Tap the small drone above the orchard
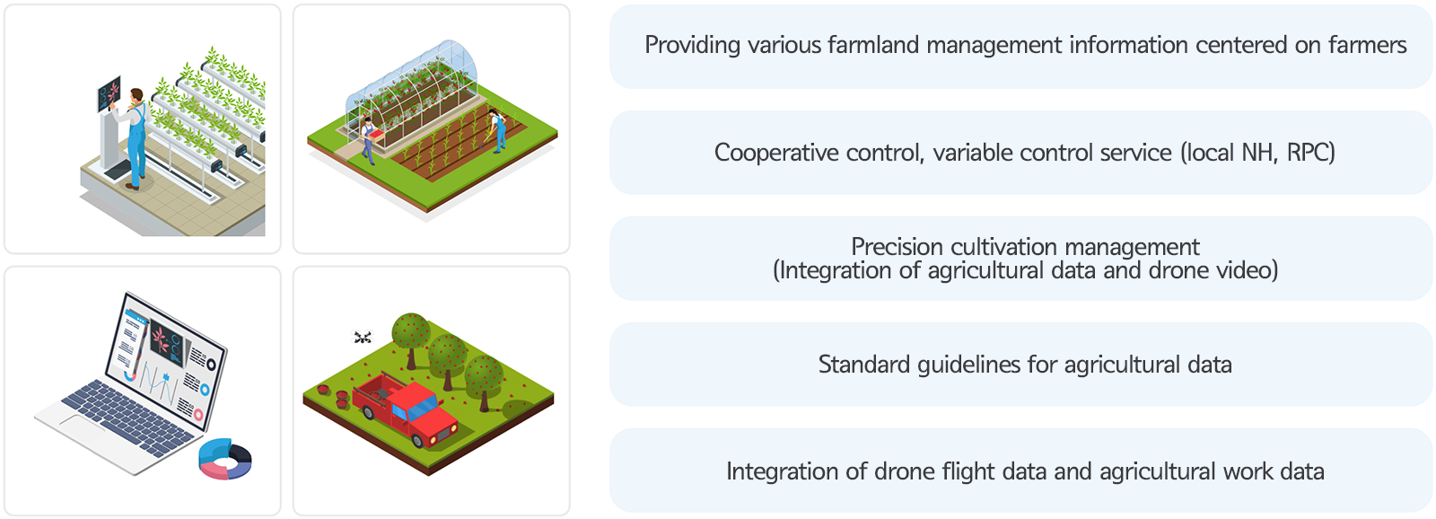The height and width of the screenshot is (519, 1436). point(363,337)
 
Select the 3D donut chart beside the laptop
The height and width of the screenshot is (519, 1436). point(225,459)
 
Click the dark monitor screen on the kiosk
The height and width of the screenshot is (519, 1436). point(109,95)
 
